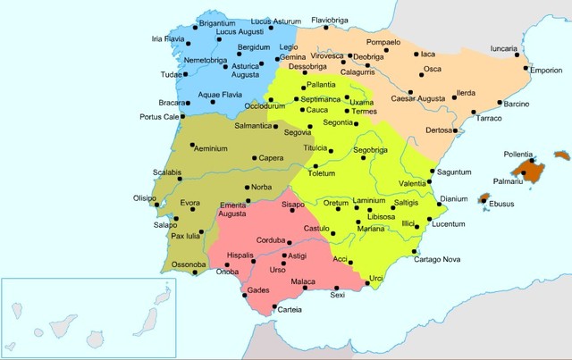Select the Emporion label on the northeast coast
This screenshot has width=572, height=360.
point(544,69)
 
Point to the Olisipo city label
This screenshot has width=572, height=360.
point(145,197)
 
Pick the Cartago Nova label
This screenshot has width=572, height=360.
point(443,259)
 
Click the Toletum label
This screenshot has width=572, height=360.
point(326,172)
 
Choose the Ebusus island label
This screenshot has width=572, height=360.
point(503,204)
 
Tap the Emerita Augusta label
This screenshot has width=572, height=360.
point(234,210)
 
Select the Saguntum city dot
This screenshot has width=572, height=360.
point(433,172)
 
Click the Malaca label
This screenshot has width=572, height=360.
point(307,280)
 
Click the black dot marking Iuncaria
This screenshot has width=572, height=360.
point(517,58)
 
